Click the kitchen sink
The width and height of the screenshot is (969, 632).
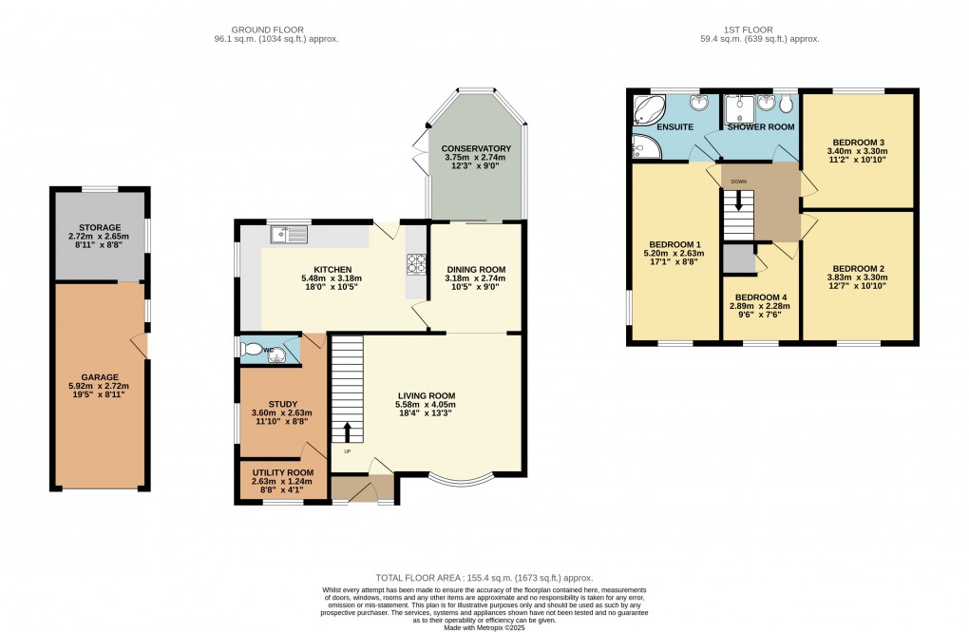click(288, 233)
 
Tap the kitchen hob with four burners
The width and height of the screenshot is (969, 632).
click(416, 263)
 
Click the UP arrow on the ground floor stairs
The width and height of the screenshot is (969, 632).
click(347, 431)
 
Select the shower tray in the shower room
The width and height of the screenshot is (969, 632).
click(737, 106)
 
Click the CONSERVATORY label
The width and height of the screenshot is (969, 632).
click(476, 148)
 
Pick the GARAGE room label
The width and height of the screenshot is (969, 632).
click(99, 377)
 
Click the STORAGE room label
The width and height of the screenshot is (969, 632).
click(100, 227)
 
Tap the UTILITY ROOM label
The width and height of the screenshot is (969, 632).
click(282, 472)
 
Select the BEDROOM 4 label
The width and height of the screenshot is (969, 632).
click(761, 297)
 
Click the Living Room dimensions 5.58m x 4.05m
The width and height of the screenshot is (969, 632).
click(426, 405)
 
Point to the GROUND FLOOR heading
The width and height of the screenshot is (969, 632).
click(276, 29)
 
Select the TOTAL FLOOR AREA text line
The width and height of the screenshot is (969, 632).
click(484, 577)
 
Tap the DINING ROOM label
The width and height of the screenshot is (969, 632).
click(476, 270)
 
